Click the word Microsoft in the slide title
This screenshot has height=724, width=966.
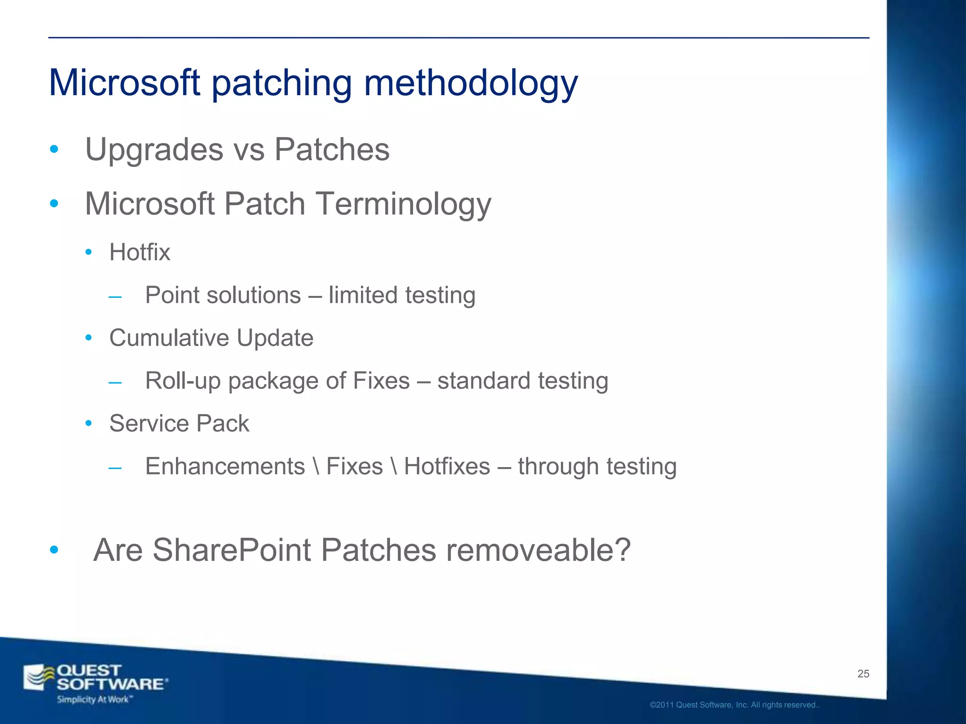(125, 83)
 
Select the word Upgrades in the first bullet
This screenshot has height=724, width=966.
(154, 150)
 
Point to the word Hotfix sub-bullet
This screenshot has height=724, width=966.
(140, 252)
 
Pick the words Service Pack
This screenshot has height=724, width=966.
(179, 423)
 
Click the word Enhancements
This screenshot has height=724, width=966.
(225, 467)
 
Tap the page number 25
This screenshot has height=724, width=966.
(863, 674)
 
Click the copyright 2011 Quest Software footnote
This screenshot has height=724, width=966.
(734, 705)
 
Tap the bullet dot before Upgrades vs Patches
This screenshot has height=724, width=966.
(54, 150)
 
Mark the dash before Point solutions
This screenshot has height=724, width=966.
(115, 297)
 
